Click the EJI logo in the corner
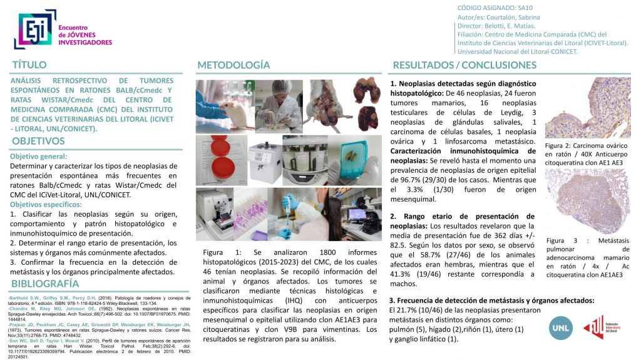pyautogui.click(x=34, y=29)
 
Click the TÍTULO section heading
pyautogui.click(x=29, y=65)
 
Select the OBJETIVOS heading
pyautogui.click(x=38, y=141)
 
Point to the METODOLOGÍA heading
pyautogui.click(x=233, y=65)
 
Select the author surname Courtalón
pyautogui.click(x=506, y=17)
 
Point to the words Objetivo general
pyautogui.click(x=39, y=157)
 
